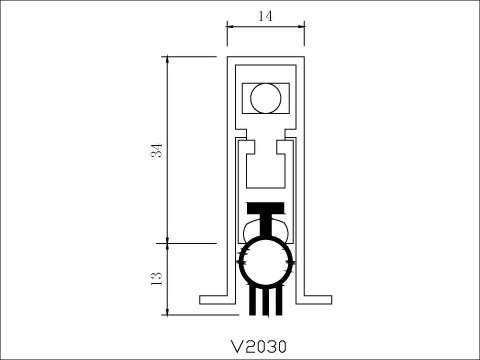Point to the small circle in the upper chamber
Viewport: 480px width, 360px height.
pyautogui.click(x=265, y=97)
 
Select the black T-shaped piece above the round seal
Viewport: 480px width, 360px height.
pyautogui.click(x=266, y=214)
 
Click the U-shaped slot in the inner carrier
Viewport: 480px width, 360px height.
pyautogui.click(x=266, y=166)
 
